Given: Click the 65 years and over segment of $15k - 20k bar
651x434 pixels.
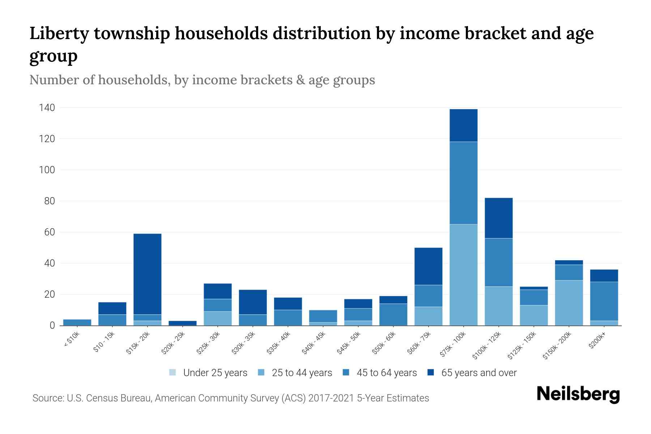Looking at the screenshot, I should (147, 274).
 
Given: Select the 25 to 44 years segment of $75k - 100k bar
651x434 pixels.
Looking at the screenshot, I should (463, 275).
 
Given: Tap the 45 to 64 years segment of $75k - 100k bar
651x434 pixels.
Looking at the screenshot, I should (463, 183).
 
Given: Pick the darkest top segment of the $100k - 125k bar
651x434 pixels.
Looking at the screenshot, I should (498, 218).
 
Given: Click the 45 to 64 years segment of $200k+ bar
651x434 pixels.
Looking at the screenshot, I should (604, 301).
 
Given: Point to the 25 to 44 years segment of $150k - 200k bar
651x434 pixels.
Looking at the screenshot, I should (569, 303).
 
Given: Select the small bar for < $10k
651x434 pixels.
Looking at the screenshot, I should (77, 322).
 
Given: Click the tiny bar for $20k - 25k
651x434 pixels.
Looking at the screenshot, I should (182, 323).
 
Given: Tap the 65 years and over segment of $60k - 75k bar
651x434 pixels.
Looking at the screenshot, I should (428, 266).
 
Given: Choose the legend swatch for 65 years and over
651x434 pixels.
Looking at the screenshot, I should (431, 373).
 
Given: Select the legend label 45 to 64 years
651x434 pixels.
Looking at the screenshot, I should (387, 373).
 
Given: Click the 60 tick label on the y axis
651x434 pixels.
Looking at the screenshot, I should (49, 232).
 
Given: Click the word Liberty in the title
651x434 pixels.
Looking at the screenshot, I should (59, 33).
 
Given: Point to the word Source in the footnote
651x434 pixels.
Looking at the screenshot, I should (47, 398).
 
